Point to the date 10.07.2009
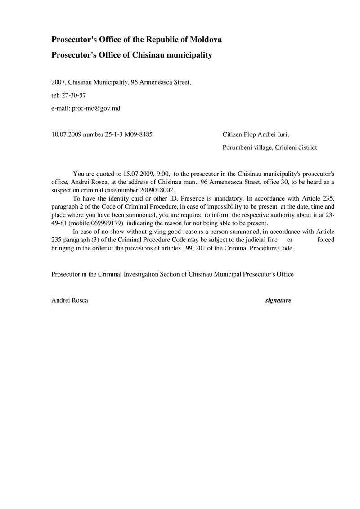(x=66, y=134)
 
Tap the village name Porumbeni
(x=238, y=147)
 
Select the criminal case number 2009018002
(x=158, y=190)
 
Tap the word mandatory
(x=220, y=198)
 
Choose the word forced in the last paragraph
(x=325, y=240)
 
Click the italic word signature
(x=278, y=300)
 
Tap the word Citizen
(x=232, y=134)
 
